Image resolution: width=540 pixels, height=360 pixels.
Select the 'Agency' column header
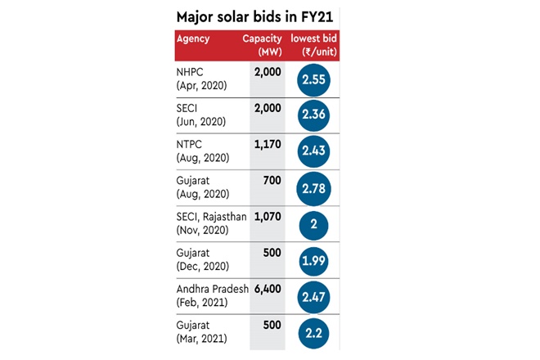pos(192,38)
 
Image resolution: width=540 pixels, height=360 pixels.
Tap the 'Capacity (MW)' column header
pos(263,45)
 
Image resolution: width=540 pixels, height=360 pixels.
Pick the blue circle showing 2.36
pos(314,115)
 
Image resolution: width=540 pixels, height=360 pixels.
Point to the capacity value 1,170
pos(266,145)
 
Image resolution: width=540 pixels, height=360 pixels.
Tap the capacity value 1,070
pos(266,217)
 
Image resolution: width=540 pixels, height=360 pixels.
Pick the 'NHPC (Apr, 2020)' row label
pos(201,79)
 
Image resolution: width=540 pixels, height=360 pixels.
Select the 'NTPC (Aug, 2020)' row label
pos(202,151)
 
